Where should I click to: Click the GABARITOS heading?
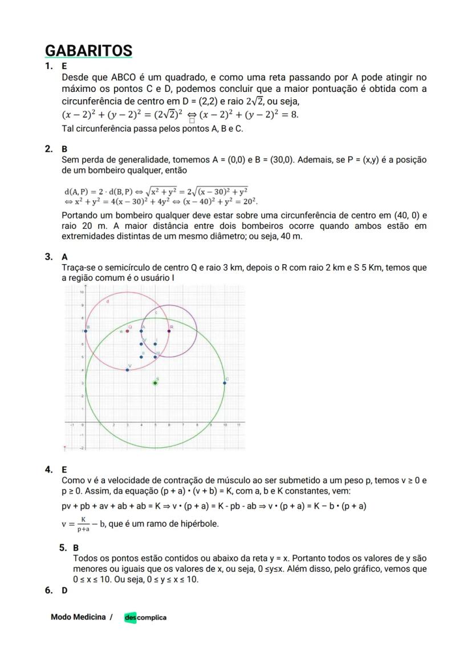click(x=88, y=50)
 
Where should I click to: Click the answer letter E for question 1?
click(x=64, y=66)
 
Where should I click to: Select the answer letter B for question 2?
click(x=64, y=149)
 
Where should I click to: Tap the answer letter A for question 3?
click(x=64, y=257)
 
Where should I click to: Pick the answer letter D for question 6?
click(x=64, y=590)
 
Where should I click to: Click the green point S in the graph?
click(x=155, y=383)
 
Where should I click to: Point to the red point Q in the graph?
click(x=127, y=331)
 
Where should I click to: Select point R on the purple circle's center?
click(x=169, y=331)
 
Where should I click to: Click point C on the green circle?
click(x=225, y=383)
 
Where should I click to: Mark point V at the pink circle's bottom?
click(x=127, y=370)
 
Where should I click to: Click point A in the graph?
click(x=141, y=331)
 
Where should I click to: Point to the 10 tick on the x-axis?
click(x=225, y=425)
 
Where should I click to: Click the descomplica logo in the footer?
click(x=145, y=617)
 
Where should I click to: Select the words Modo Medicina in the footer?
click(x=78, y=617)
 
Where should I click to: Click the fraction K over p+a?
click(x=84, y=524)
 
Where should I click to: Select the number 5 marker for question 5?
click(x=62, y=548)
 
